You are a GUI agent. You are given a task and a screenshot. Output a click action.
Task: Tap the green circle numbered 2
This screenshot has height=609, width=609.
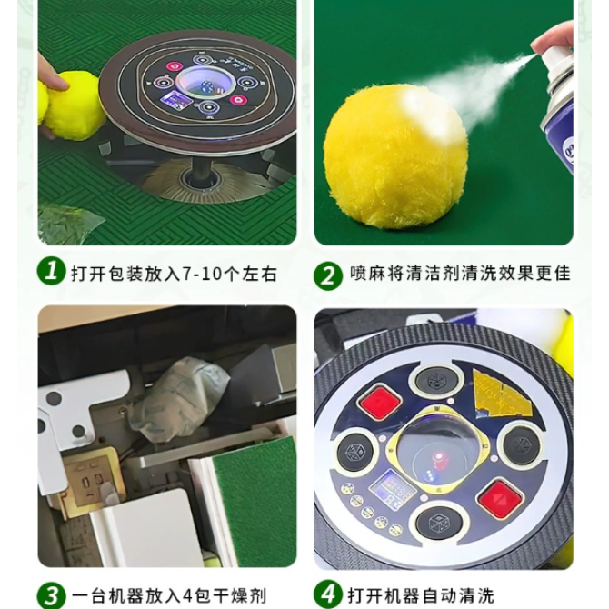[x=328, y=275]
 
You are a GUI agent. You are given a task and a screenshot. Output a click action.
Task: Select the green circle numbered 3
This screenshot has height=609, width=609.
[x=51, y=595]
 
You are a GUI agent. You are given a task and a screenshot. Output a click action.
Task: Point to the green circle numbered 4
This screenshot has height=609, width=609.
[x=328, y=594]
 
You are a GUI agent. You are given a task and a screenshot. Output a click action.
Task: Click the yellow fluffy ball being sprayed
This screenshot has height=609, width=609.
[x=395, y=156]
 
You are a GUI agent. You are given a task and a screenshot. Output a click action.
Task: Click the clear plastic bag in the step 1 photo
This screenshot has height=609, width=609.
[x=69, y=225]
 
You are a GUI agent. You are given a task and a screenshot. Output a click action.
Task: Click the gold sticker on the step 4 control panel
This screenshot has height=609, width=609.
[x=501, y=393]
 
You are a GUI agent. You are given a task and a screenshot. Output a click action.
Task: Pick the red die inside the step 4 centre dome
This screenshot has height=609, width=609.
[x=439, y=458]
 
